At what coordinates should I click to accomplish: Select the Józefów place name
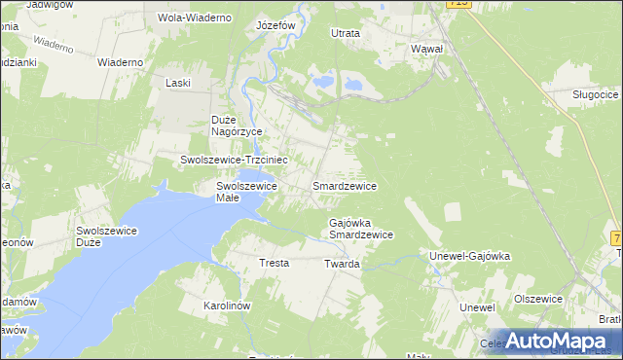[x=275, y=25]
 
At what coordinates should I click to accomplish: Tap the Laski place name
[x=177, y=84]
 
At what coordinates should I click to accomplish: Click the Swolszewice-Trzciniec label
[x=233, y=159]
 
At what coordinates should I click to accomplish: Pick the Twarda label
[x=342, y=264]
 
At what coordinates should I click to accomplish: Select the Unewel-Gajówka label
[x=470, y=257]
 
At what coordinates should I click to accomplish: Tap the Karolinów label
[x=228, y=306]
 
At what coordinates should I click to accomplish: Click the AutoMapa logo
[x=550, y=341]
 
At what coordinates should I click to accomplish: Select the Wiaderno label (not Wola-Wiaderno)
[x=121, y=62]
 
